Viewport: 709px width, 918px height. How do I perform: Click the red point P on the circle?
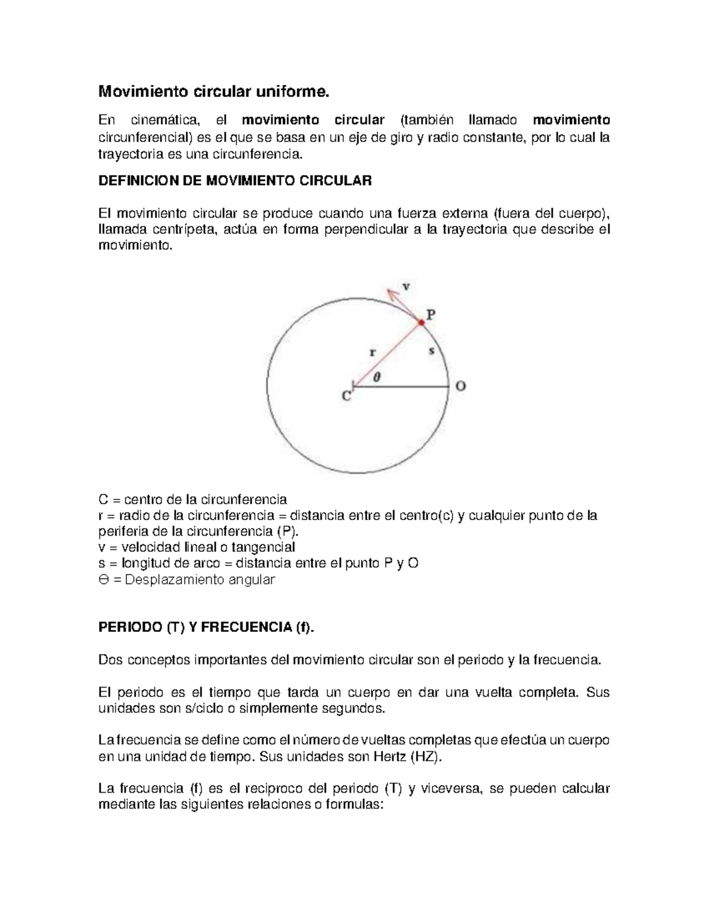pyautogui.click(x=421, y=323)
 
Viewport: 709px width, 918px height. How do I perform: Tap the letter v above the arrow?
pyautogui.click(x=406, y=286)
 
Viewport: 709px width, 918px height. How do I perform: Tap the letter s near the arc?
pyautogui.click(x=431, y=351)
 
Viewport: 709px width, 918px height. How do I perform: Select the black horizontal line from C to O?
pyautogui.click(x=402, y=387)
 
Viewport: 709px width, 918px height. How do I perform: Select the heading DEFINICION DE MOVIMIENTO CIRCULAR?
pyautogui.click(x=235, y=181)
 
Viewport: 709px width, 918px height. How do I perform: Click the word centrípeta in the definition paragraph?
pyautogui.click(x=181, y=229)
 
